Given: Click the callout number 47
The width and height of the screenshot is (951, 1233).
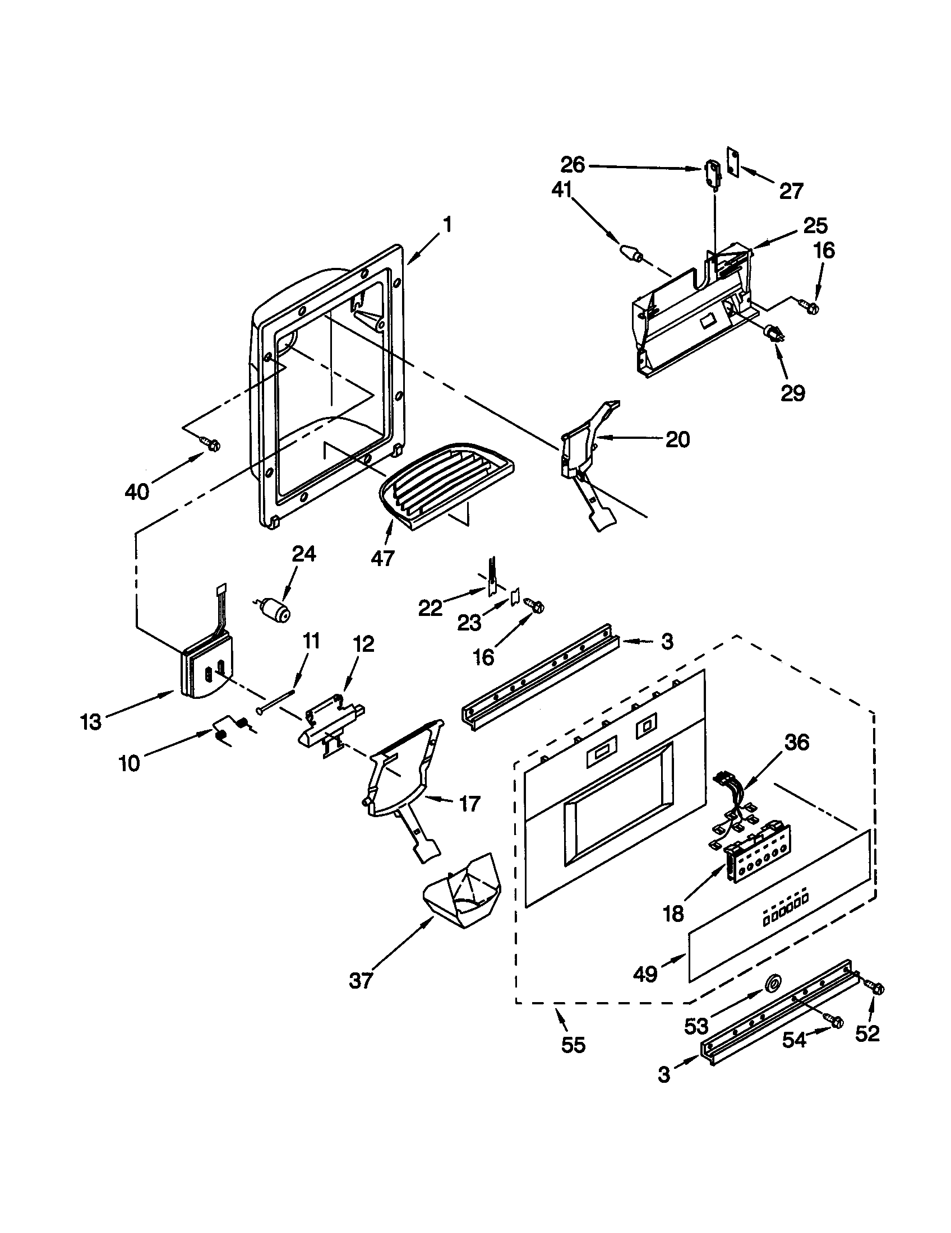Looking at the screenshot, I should point(382,558).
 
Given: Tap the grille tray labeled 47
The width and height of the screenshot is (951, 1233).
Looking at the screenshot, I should point(446,484).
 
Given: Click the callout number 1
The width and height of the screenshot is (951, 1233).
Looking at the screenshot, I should point(447,225).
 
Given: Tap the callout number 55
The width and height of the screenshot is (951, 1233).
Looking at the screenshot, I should point(573,1045).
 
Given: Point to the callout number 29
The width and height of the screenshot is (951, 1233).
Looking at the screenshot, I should point(792,393).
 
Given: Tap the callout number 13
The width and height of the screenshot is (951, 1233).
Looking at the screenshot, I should point(91,721).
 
